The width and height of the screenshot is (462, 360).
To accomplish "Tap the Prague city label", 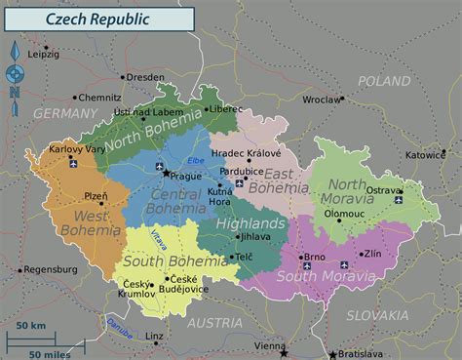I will click(x=185, y=177).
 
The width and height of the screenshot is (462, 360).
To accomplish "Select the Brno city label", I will click(x=315, y=258).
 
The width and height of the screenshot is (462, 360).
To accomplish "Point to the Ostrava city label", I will click(x=383, y=189).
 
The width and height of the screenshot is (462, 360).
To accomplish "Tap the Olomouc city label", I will click(x=344, y=213).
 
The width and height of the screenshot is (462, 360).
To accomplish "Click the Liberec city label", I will click(x=228, y=108).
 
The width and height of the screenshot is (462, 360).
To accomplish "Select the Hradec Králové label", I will click(x=246, y=153).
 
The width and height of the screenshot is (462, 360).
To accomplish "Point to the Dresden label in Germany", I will click(x=145, y=77).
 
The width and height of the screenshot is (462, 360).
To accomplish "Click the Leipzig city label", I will click(x=43, y=55).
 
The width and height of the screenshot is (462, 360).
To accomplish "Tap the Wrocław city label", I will click(x=322, y=99).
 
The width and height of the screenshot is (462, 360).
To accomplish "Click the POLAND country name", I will click(x=384, y=81).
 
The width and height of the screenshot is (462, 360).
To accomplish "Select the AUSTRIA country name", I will click(x=215, y=322).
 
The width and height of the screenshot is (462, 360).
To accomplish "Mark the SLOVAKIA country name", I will click(x=377, y=315).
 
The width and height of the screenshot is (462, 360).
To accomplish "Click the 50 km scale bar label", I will click(x=30, y=325).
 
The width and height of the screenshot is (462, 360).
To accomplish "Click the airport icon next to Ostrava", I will click(x=399, y=200).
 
